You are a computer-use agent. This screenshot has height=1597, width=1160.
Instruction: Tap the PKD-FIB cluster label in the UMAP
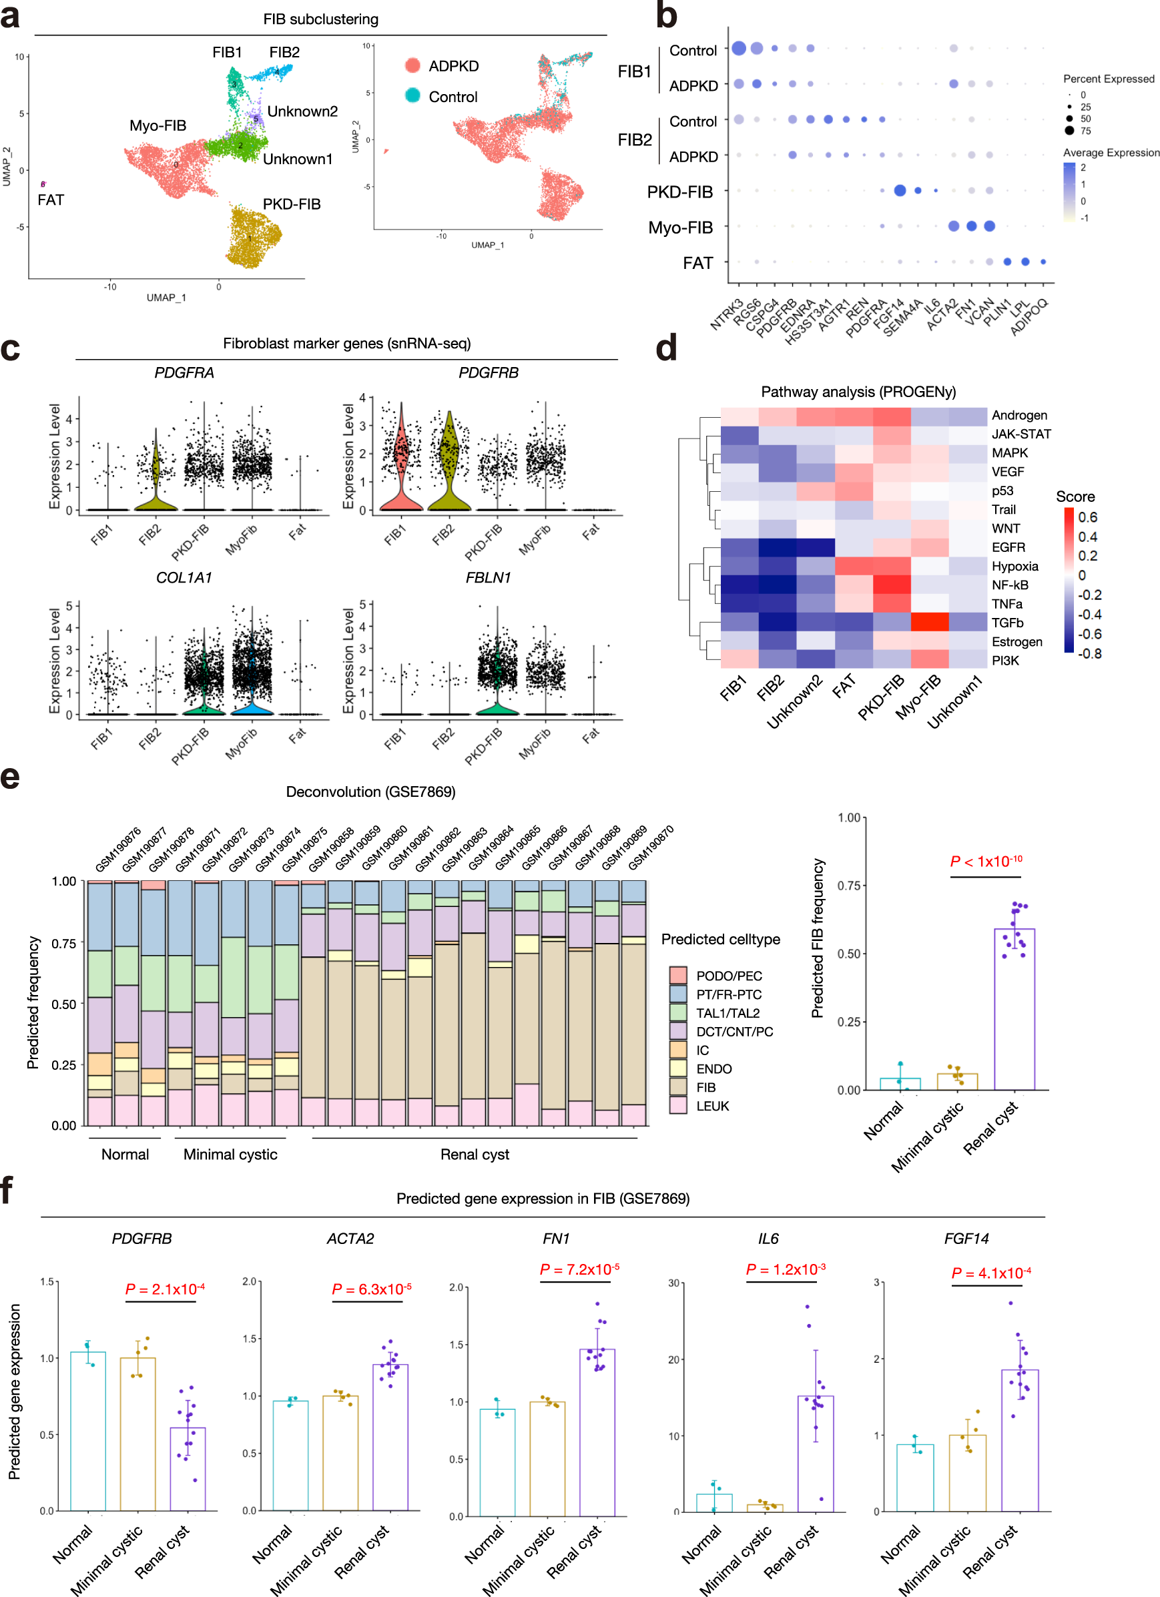[x=292, y=204]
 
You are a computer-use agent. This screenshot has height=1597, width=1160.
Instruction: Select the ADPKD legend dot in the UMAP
[x=412, y=65]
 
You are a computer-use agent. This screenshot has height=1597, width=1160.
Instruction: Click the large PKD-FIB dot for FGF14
[x=900, y=190]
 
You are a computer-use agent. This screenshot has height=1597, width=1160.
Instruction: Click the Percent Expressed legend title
[x=1108, y=79]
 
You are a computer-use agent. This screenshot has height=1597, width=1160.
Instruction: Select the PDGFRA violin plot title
[x=184, y=372]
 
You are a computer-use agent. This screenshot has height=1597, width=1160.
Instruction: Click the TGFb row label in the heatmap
[x=1007, y=623]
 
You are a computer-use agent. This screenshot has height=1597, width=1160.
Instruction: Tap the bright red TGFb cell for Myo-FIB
[x=930, y=622]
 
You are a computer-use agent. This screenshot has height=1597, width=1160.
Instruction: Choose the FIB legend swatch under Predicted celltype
[x=677, y=1086]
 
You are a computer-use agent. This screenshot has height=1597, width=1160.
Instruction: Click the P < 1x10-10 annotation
[x=985, y=861]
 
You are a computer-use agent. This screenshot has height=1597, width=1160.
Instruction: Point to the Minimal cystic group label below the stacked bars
[x=230, y=1154]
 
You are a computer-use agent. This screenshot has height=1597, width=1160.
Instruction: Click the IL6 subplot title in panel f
[x=768, y=1238]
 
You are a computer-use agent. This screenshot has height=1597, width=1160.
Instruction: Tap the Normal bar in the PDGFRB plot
[x=88, y=1430]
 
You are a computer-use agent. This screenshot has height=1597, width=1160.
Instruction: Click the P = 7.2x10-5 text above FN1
[x=579, y=1269]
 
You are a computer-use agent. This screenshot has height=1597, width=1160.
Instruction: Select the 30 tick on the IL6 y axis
[x=673, y=1283]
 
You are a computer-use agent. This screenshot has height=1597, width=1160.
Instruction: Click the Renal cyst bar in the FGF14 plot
[x=1019, y=1440]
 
